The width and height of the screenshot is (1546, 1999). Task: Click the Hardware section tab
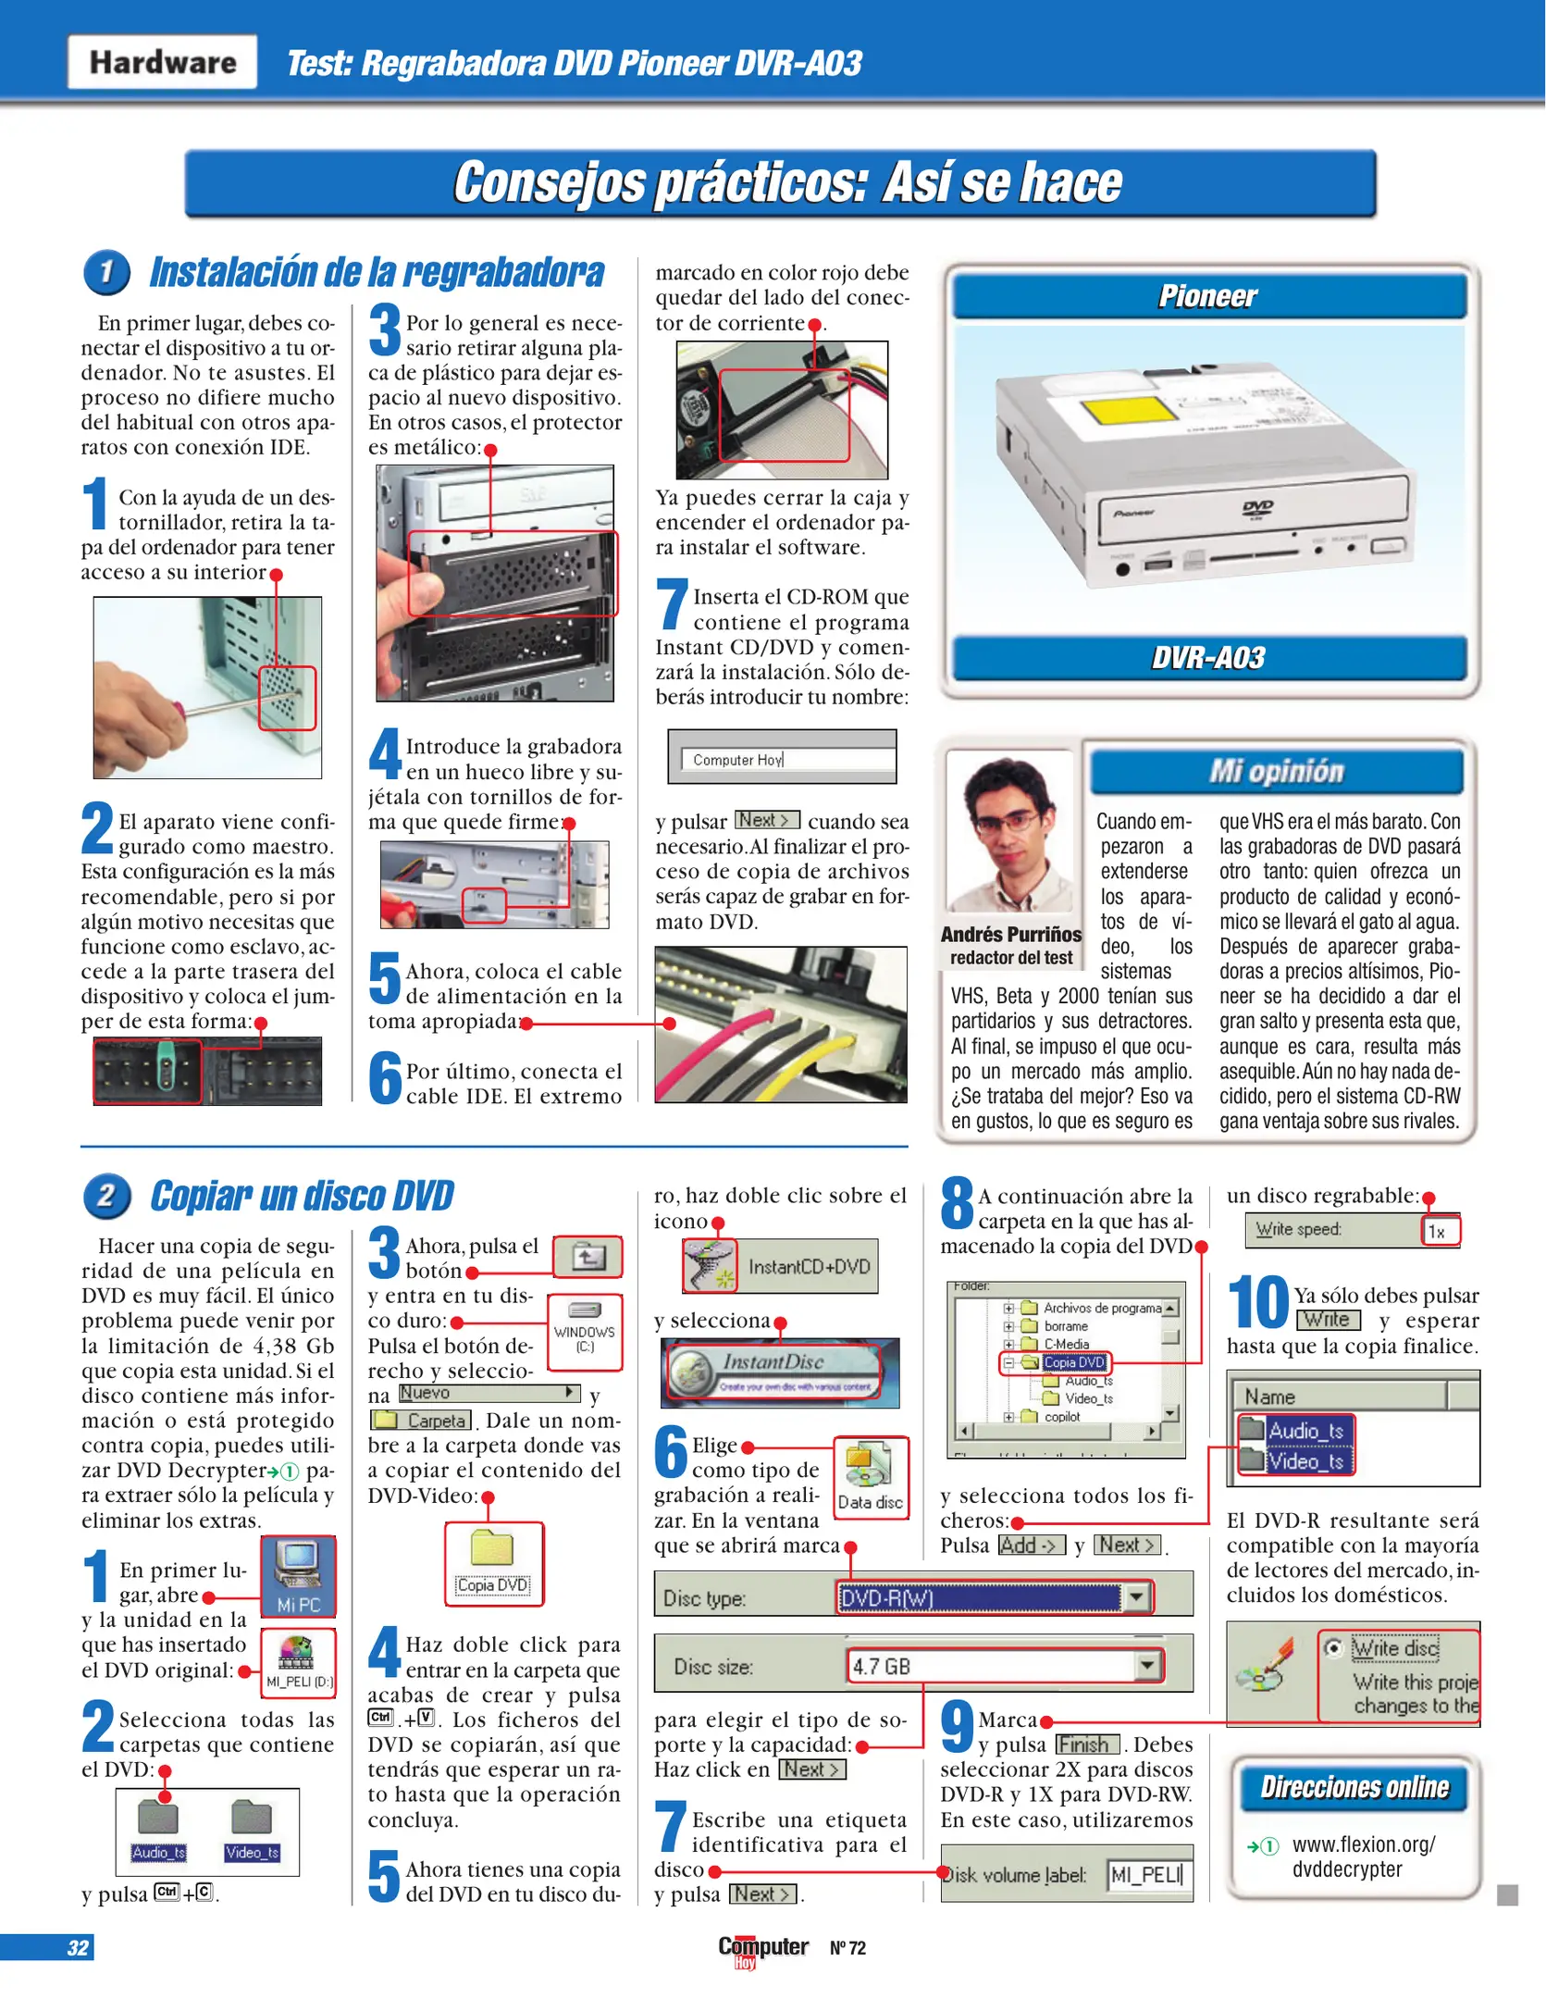163,62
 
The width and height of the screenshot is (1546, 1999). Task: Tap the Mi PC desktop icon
298,1576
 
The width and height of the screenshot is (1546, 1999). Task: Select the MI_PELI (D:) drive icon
298,1663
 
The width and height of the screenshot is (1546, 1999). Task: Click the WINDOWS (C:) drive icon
585,1332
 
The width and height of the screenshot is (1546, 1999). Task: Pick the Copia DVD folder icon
493,1564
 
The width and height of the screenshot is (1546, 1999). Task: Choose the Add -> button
1032,1545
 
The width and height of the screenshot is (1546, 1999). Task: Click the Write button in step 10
1328,1320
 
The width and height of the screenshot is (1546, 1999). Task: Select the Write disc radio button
1333,1648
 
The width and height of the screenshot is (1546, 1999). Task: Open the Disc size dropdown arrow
1147,1666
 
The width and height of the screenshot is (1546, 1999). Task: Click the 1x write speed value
1440,1231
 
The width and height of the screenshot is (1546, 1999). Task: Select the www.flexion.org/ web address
1364,1844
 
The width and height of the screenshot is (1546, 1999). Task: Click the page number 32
78,1947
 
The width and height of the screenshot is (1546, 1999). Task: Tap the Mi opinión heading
1276,771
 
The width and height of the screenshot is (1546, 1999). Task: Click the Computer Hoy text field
788,759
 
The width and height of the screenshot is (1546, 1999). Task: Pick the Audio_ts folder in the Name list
1294,1430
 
